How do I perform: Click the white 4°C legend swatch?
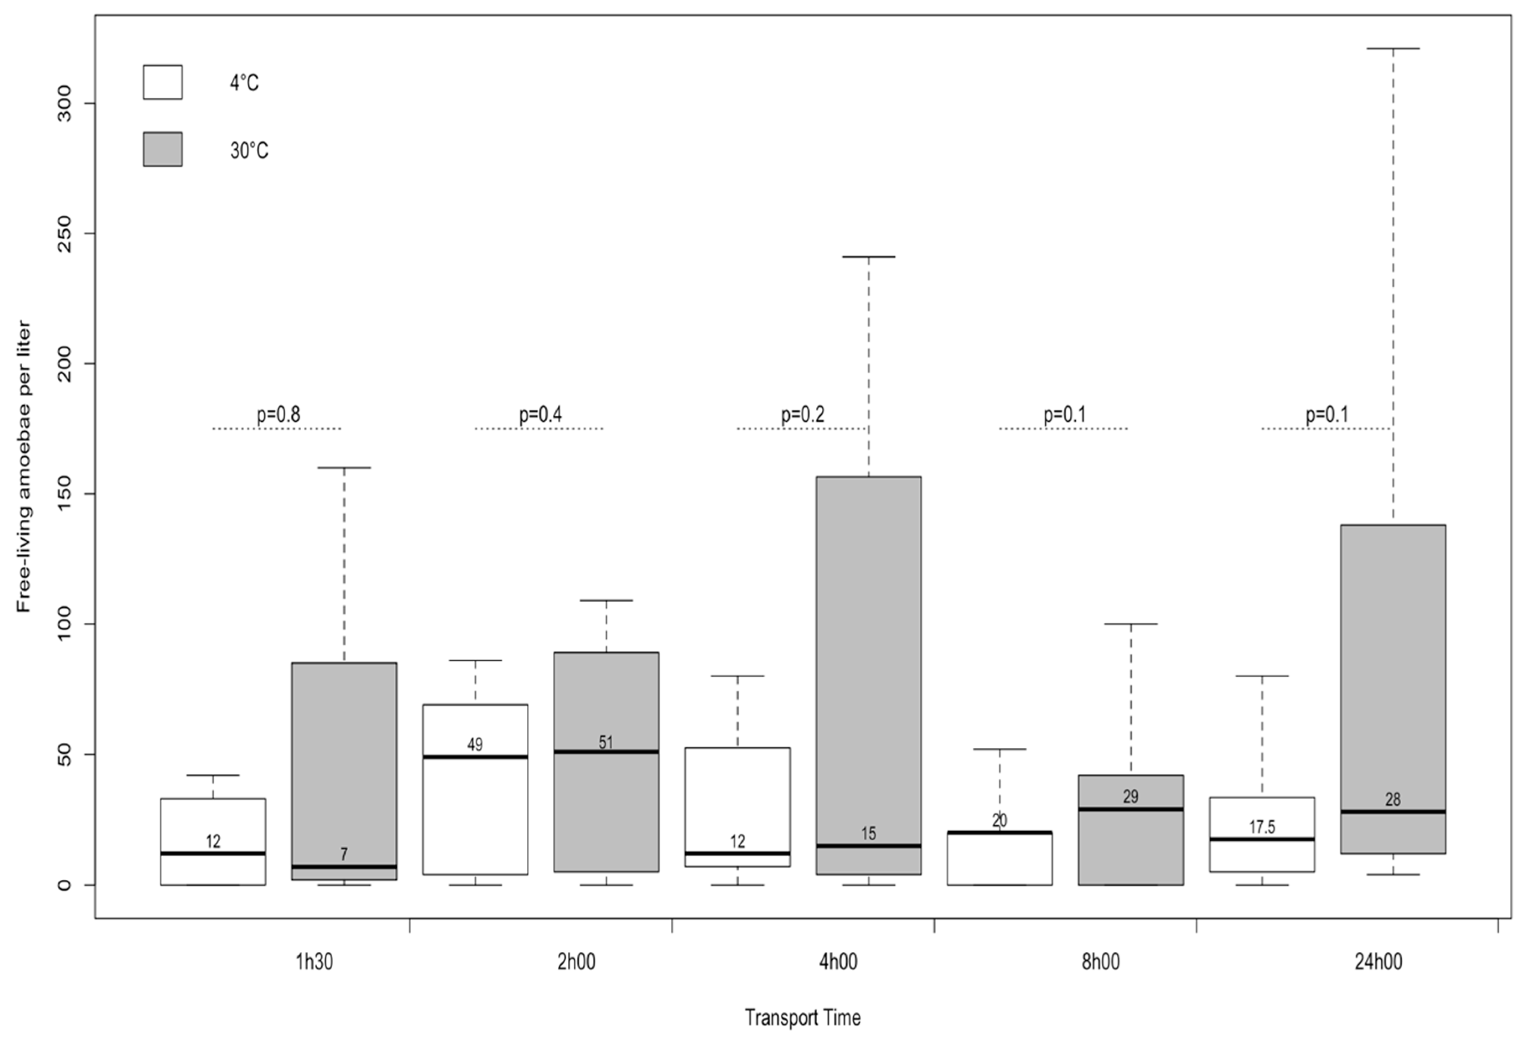click(162, 82)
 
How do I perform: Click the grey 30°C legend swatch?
click(162, 149)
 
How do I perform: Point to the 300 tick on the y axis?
click(64, 104)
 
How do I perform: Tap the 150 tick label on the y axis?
click(64, 494)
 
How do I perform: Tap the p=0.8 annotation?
click(278, 415)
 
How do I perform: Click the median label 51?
click(606, 742)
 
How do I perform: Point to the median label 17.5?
click(1262, 827)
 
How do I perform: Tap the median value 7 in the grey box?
click(344, 854)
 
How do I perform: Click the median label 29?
click(1131, 796)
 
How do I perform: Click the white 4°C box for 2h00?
click(475, 815)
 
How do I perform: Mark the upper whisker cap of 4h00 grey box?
click(868, 257)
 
